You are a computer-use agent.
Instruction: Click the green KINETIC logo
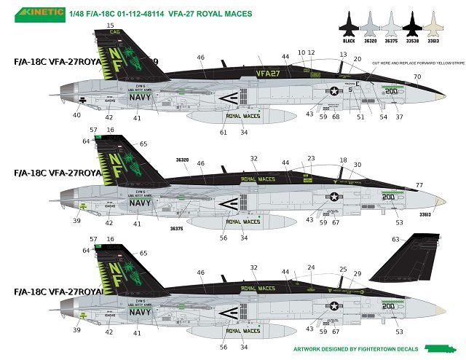[x=31, y=13]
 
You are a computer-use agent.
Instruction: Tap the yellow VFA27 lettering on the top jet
[x=269, y=74]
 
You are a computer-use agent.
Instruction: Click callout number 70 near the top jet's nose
[x=417, y=77]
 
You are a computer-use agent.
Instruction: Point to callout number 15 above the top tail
[x=110, y=26]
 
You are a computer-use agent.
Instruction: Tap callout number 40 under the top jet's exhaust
[x=77, y=115]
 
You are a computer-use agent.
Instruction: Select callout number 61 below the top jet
[x=224, y=132]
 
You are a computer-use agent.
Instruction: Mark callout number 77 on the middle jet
[x=419, y=186]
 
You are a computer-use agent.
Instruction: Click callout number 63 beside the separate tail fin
[x=395, y=239]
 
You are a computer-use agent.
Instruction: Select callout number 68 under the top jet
[x=336, y=117]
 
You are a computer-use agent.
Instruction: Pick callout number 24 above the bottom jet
[x=311, y=267]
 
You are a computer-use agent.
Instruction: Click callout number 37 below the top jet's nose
[x=399, y=117]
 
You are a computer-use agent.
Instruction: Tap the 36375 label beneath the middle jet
[x=177, y=228]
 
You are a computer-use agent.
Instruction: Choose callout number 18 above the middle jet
[x=343, y=160]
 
